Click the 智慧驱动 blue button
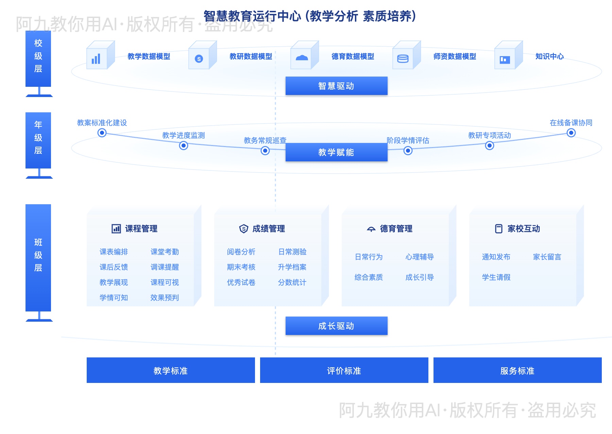click(x=336, y=86)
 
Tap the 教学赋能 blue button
click(x=336, y=152)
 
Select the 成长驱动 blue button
click(x=336, y=326)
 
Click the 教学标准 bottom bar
click(x=171, y=370)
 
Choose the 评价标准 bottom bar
click(x=344, y=370)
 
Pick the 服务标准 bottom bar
click(x=517, y=370)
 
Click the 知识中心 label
click(x=549, y=57)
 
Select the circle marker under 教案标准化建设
click(x=102, y=133)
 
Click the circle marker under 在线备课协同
click(x=571, y=133)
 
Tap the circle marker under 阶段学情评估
click(x=408, y=150)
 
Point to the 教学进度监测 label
click(x=184, y=135)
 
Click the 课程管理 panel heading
click(x=141, y=229)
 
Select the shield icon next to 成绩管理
click(x=244, y=229)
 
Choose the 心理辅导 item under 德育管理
click(x=420, y=257)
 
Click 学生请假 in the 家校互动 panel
click(x=496, y=277)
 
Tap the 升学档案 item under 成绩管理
click(x=292, y=267)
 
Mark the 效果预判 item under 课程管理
click(x=165, y=298)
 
